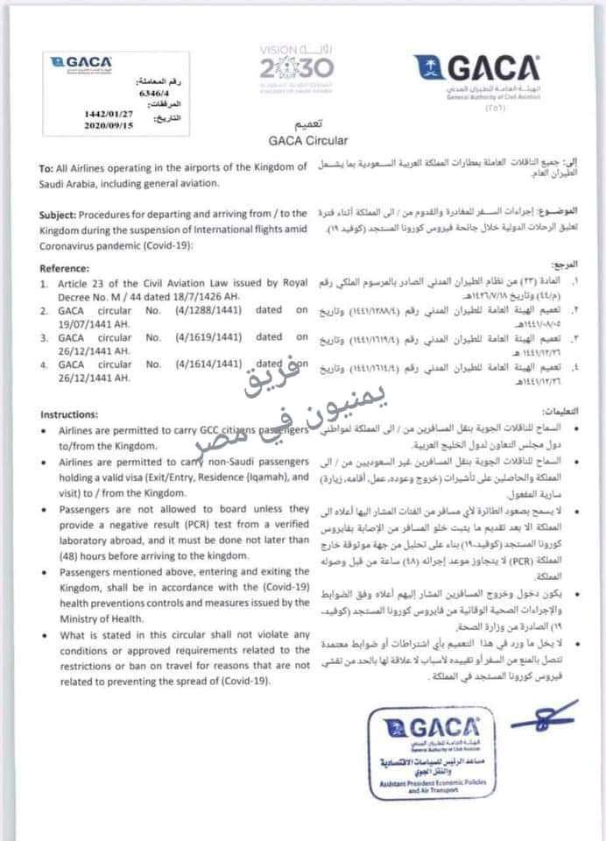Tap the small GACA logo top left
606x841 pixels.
pyautogui.click(x=81, y=63)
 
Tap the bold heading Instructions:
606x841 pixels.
pyautogui.click(x=74, y=413)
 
